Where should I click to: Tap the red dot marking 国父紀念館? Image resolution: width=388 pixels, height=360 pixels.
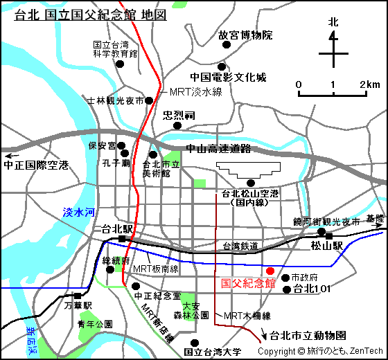tap(270, 270)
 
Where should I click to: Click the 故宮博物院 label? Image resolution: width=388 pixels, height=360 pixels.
tap(245, 35)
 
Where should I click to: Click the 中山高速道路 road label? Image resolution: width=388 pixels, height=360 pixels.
tap(218, 149)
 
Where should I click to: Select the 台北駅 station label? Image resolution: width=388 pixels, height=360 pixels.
tap(116, 228)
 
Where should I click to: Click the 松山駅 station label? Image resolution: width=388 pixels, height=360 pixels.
tap(327, 245)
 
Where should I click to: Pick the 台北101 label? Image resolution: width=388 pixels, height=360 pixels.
tap(310, 288)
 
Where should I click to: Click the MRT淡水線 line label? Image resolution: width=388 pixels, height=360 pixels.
tap(195, 91)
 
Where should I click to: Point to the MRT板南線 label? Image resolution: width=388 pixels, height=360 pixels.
tap(156, 269)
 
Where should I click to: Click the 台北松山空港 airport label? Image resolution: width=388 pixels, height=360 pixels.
tap(250, 198)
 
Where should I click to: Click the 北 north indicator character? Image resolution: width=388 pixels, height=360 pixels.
tap(333, 22)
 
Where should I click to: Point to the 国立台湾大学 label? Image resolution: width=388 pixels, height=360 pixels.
tap(213, 352)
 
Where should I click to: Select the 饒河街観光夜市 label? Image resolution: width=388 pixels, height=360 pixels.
tap(326, 222)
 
